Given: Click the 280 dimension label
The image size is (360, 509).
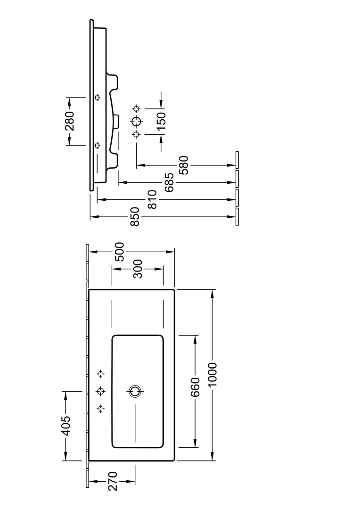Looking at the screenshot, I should click(x=69, y=121).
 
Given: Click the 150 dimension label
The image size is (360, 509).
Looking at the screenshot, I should click(x=161, y=121).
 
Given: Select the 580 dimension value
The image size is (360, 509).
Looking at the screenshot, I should click(x=184, y=165).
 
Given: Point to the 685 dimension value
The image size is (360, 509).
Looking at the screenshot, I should click(x=170, y=182).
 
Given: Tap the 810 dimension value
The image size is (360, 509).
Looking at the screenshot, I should click(x=152, y=200).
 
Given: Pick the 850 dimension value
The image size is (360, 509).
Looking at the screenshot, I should click(x=135, y=217).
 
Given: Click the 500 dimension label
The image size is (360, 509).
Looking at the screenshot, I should click(x=119, y=252).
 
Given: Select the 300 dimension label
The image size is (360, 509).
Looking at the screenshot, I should click(x=137, y=269).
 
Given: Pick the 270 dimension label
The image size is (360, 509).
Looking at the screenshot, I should click(x=113, y=481).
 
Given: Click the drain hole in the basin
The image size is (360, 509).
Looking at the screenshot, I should click(x=135, y=391).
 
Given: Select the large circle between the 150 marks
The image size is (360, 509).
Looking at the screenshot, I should click(x=137, y=121).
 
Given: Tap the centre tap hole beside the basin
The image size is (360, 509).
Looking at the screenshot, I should click(x=100, y=391).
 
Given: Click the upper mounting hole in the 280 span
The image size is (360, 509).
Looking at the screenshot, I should click(x=98, y=98).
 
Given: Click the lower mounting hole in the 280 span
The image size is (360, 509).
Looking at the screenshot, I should click(x=98, y=145).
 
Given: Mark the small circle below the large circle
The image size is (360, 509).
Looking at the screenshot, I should click(x=137, y=134).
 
